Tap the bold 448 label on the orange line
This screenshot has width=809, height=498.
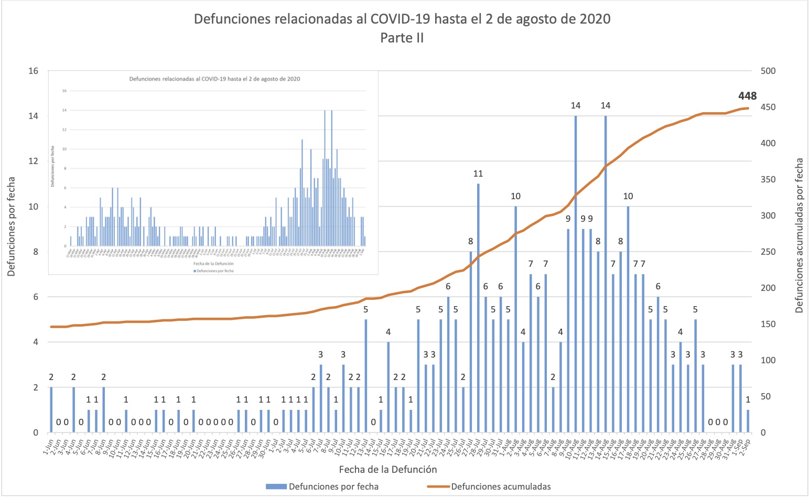click(747, 96)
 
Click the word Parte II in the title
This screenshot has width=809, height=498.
click(402, 38)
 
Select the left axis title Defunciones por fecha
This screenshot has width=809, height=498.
click(12, 226)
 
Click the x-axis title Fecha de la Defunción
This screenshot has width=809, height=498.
click(388, 469)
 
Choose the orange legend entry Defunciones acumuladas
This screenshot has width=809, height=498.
click(501, 486)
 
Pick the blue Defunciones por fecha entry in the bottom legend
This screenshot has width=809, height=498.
click(333, 486)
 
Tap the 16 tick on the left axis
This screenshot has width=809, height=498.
click(33, 71)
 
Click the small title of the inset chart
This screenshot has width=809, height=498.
click(215, 79)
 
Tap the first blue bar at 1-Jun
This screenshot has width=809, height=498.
click(51, 410)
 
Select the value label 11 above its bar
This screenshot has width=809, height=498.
click(478, 174)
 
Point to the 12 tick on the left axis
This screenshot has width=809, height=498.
click(33, 161)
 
